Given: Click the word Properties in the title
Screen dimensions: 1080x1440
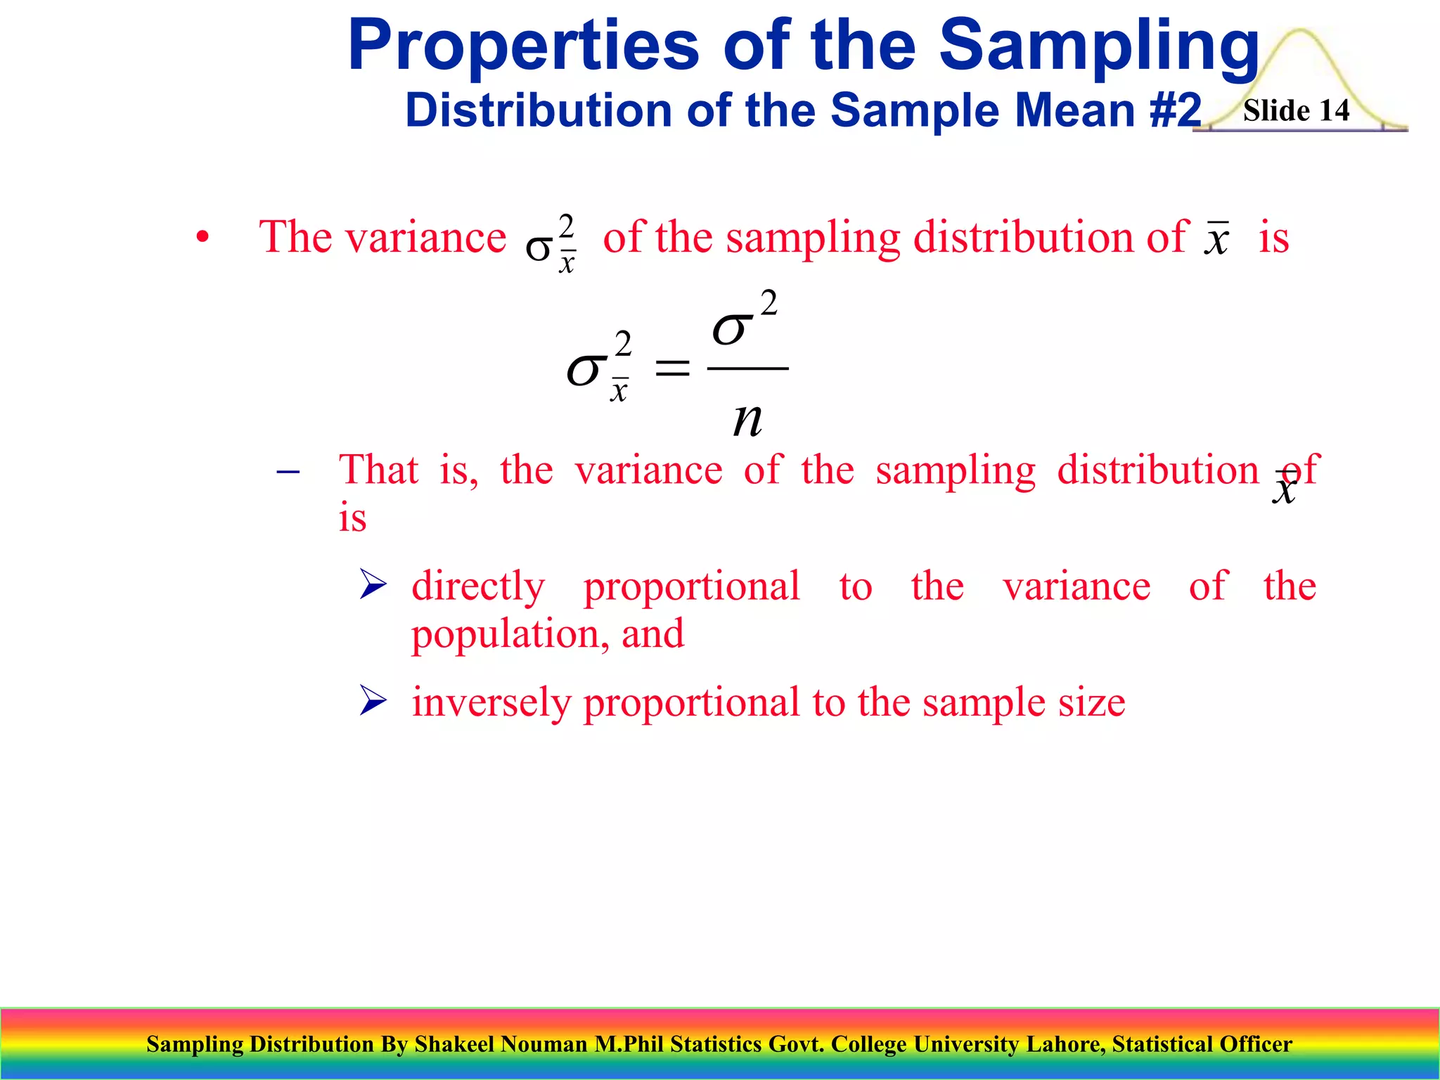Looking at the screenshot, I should [524, 46].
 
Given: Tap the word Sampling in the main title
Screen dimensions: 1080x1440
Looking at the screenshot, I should [1099, 46].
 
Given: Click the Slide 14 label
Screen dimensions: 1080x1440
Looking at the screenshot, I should [1296, 111].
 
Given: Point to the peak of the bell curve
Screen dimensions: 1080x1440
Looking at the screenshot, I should [1301, 31].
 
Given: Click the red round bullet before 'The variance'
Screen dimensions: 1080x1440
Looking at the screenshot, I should [202, 238].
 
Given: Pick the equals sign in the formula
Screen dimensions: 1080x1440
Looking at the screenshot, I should [672, 368].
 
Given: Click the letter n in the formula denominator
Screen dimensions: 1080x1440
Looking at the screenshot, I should [747, 420].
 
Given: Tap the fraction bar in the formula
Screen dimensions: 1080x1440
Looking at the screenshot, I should [747, 368].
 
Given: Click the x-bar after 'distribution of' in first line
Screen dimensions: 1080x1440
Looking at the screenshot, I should [1216, 239].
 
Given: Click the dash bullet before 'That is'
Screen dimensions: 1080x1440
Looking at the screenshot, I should [288, 472].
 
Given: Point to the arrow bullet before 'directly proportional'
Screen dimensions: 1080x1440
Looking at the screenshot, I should [373, 584].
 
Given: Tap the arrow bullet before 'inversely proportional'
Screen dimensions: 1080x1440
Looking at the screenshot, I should [373, 700].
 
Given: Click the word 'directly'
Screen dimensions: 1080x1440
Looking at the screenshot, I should [478, 586].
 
